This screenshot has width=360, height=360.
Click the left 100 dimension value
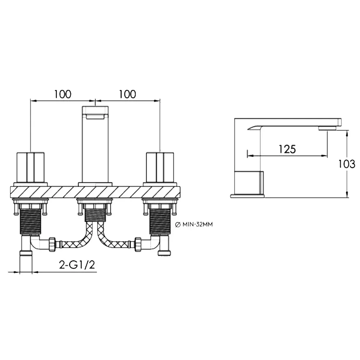click(x=63, y=94)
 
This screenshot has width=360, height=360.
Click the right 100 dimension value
click(x=127, y=94)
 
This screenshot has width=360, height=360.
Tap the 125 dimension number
click(x=287, y=149)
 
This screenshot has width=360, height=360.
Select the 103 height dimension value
click(x=347, y=164)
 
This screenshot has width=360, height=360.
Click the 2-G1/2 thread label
click(x=77, y=265)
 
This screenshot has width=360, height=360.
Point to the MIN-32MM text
click(x=198, y=225)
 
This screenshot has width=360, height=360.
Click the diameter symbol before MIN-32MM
click(x=178, y=225)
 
